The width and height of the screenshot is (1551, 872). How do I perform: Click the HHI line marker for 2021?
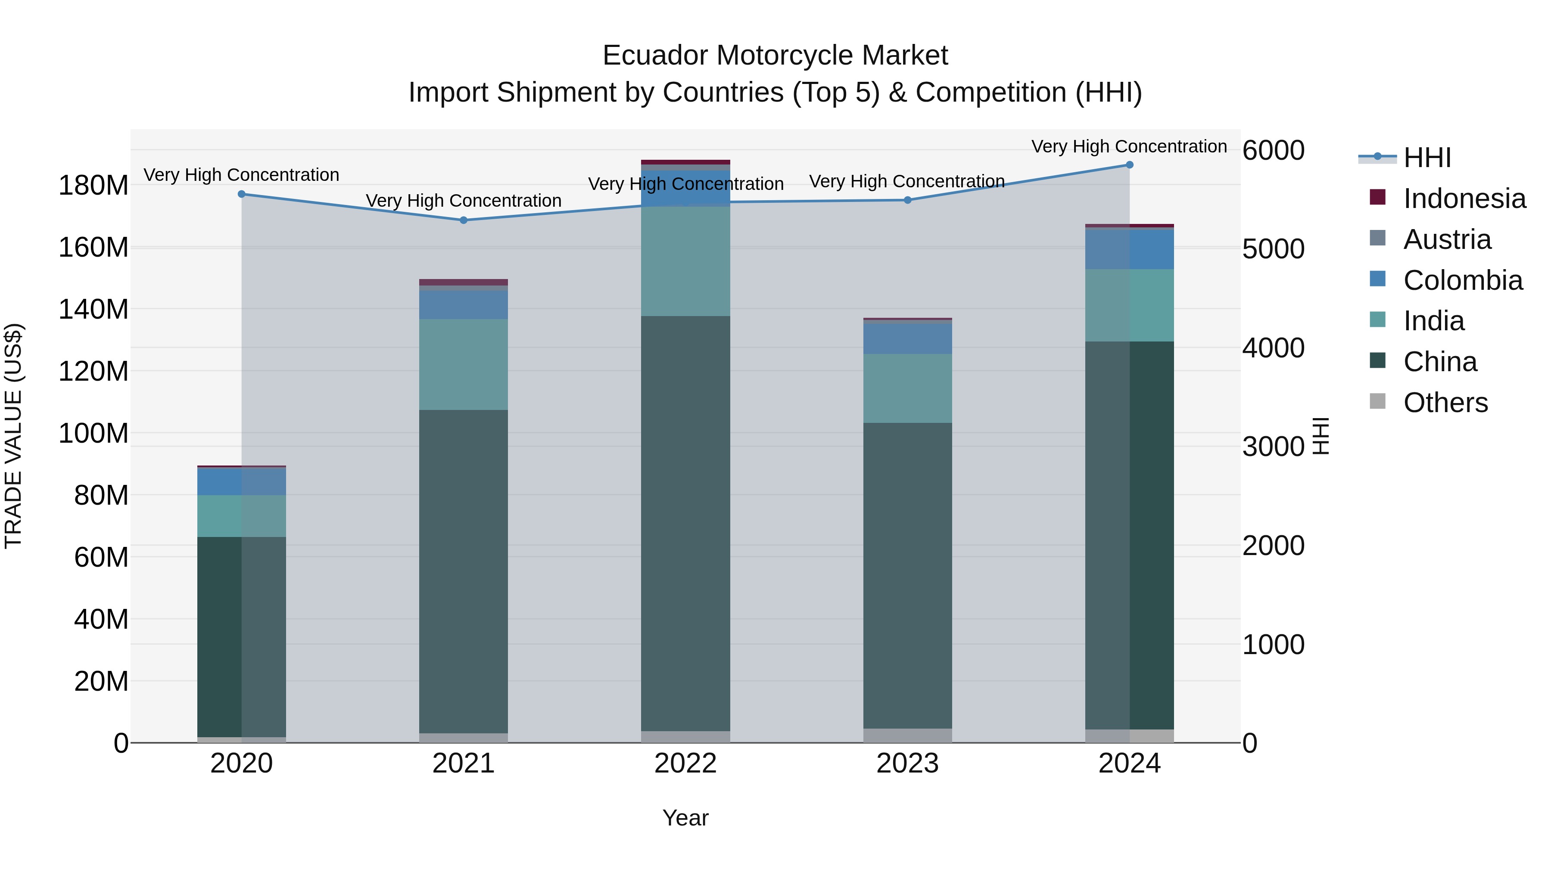[x=463, y=220]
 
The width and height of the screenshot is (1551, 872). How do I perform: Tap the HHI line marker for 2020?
[x=241, y=194]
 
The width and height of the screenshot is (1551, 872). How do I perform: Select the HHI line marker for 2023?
[x=907, y=200]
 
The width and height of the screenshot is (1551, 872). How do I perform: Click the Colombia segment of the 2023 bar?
[x=907, y=338]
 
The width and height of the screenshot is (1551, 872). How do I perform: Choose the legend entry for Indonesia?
[x=1464, y=199]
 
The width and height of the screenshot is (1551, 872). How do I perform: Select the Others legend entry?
[x=1445, y=403]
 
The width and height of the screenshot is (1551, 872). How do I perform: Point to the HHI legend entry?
[x=1427, y=158]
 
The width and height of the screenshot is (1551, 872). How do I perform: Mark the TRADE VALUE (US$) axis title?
[x=13, y=436]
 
